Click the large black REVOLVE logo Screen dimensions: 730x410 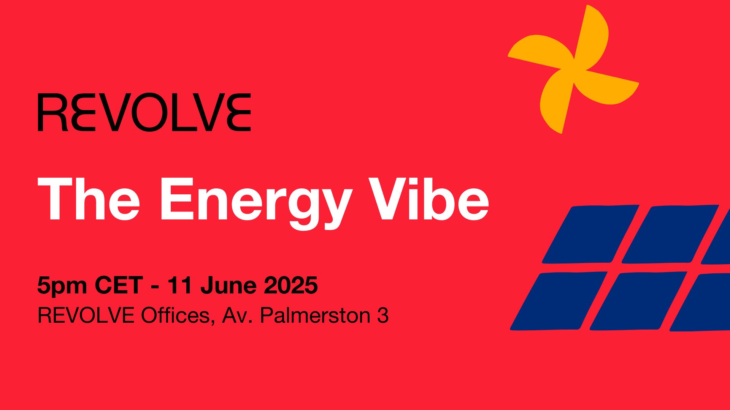[144, 112]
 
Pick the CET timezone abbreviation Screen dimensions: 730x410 [119, 285]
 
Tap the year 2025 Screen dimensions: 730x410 [291, 285]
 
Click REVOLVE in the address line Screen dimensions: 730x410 [86, 315]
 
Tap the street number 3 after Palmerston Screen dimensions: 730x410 [383, 315]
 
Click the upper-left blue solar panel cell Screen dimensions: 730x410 [590, 234]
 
